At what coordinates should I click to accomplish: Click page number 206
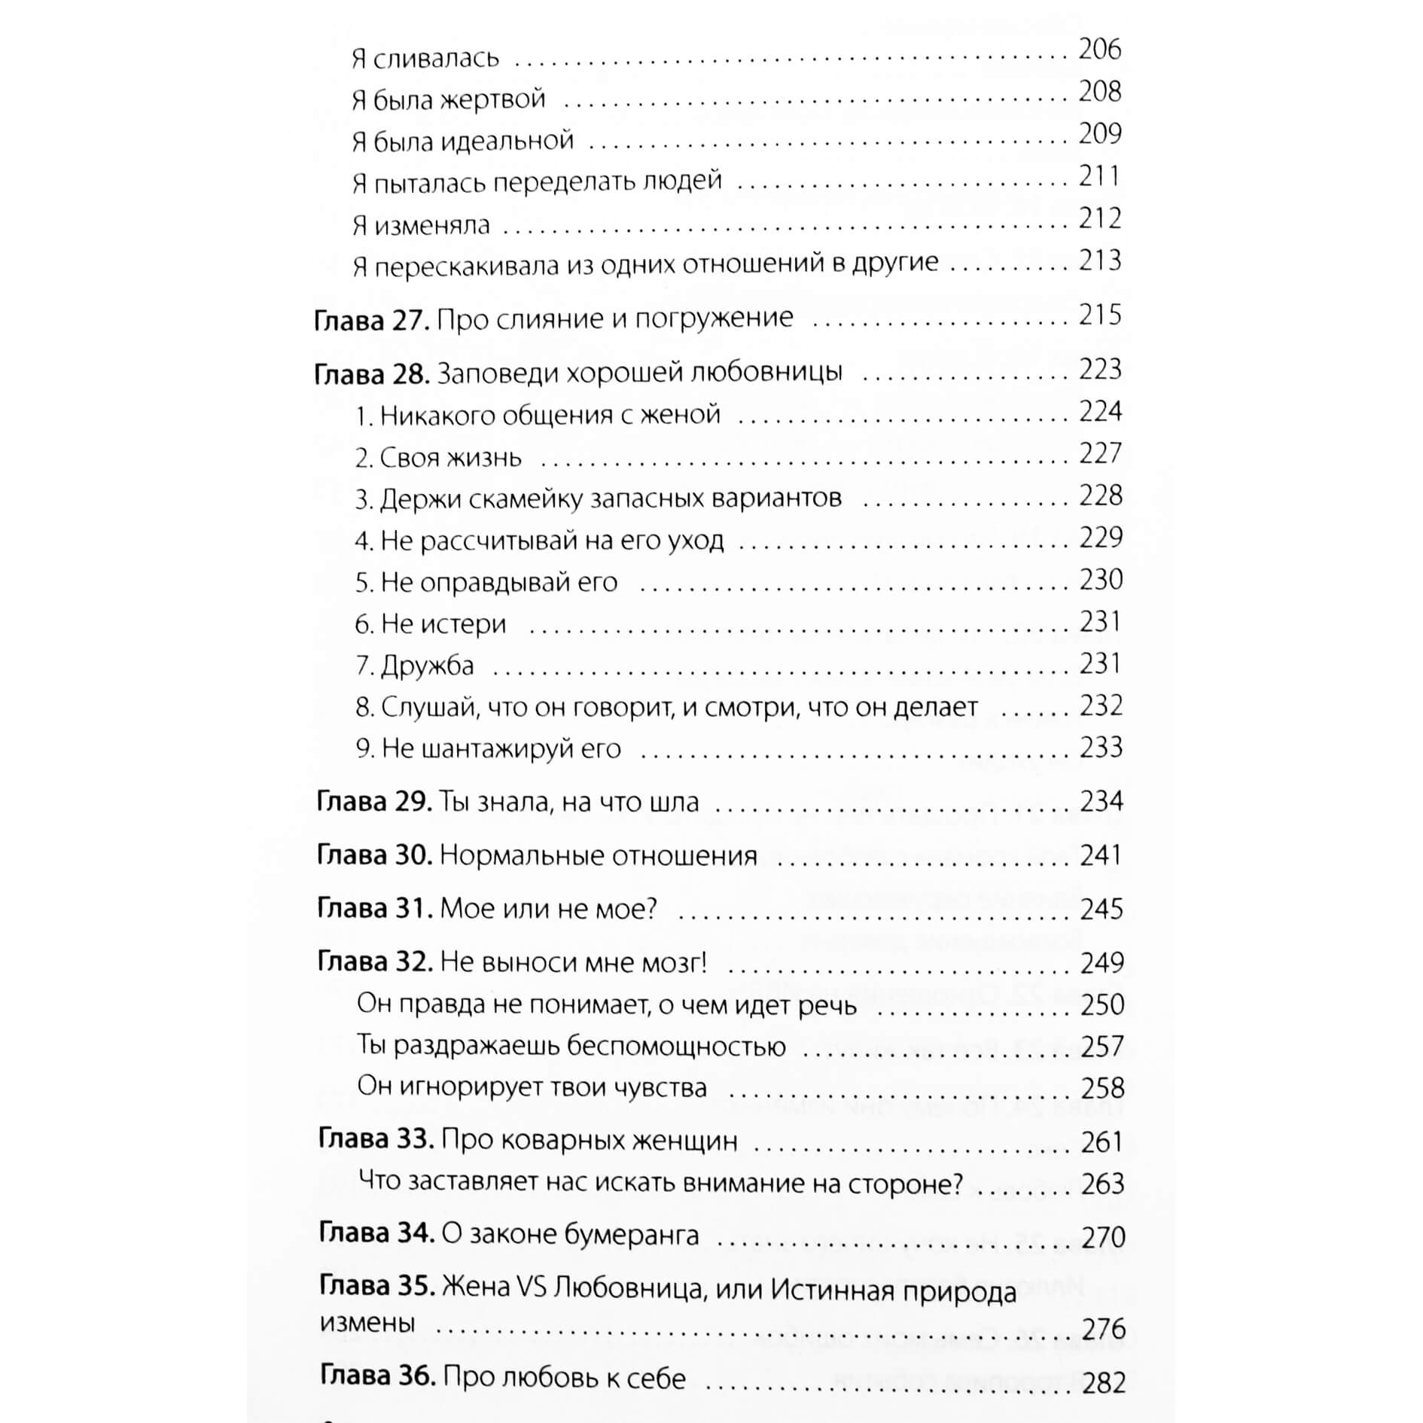point(1099,50)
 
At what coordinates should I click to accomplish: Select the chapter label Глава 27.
point(371,319)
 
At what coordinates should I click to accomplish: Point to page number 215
point(1099,315)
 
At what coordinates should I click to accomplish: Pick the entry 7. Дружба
point(415,666)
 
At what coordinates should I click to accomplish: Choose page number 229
point(1100,538)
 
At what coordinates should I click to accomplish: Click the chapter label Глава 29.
point(373,802)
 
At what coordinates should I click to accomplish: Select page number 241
point(1101,855)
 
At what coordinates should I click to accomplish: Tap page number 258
point(1102,1089)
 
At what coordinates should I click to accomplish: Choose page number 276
point(1103,1329)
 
